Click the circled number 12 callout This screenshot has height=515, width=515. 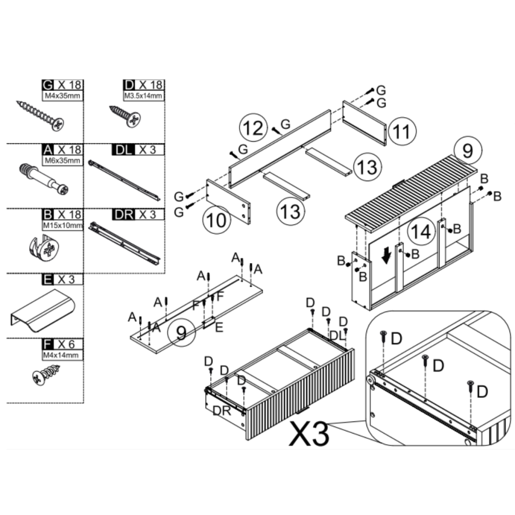[x=253, y=128]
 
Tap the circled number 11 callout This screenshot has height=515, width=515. [x=402, y=131]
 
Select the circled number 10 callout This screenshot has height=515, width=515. [x=217, y=219]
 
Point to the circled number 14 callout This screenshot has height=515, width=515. [x=421, y=231]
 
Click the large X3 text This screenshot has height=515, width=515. [x=309, y=434]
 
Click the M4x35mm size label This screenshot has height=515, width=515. [x=62, y=96]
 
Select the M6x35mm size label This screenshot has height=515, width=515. [x=62, y=160]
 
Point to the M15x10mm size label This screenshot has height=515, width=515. [x=63, y=226]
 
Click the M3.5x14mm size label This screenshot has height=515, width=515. [x=143, y=96]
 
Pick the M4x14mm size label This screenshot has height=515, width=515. [x=62, y=355]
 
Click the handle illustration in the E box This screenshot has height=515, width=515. [x=43, y=310]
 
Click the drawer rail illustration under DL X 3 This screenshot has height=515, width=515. [x=125, y=181]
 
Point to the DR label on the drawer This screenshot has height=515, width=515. [x=222, y=410]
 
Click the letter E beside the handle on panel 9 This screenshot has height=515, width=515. [x=219, y=327]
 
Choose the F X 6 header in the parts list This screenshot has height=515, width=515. [x=62, y=344]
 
